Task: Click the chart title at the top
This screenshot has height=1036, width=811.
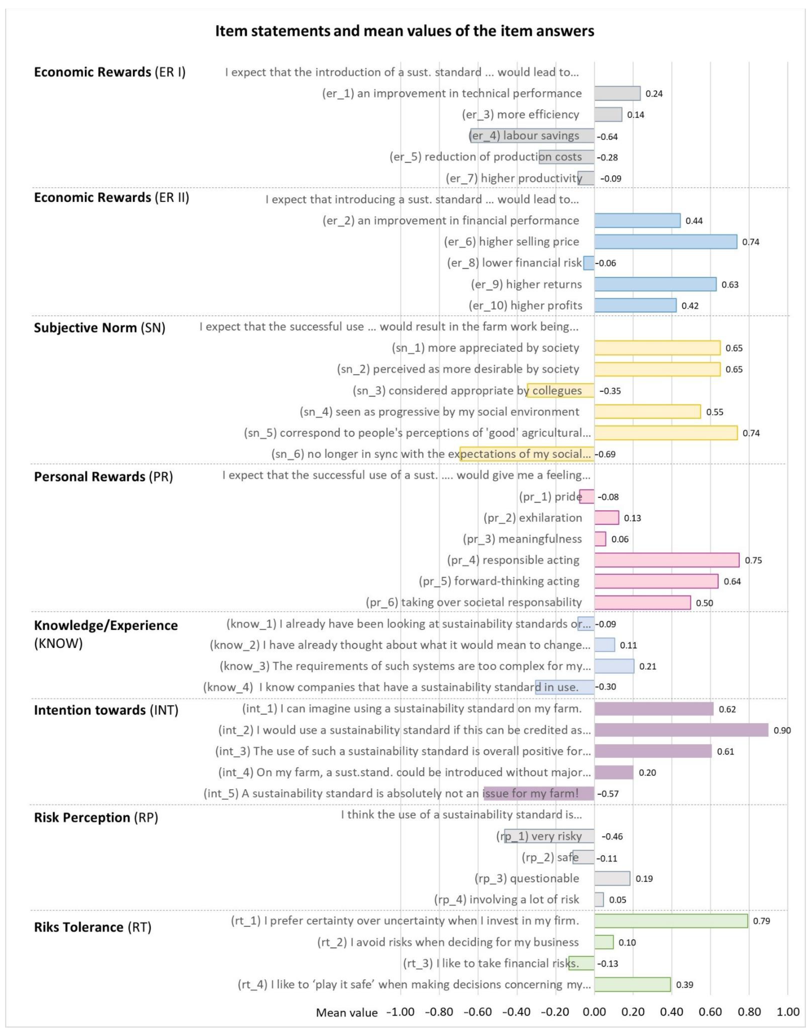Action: pyautogui.click(x=404, y=31)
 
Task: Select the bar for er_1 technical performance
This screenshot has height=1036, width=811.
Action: pyautogui.click(x=617, y=94)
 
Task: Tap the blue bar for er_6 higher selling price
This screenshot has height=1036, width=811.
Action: pyautogui.click(x=666, y=242)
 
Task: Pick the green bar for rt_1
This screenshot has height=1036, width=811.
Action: pyautogui.click(x=671, y=921)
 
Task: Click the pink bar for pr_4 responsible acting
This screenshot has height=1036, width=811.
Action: pyautogui.click(x=667, y=560)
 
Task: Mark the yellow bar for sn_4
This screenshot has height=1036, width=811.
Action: pyautogui.click(x=647, y=412)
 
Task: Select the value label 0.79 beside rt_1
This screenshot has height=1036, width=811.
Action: pyautogui.click(x=762, y=921)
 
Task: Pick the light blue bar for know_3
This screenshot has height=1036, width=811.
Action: pyautogui.click(x=614, y=666)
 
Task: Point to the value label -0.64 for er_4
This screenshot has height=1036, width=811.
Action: pyautogui.click(x=607, y=137)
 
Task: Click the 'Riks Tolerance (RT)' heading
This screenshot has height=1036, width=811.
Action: pyautogui.click(x=93, y=927)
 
